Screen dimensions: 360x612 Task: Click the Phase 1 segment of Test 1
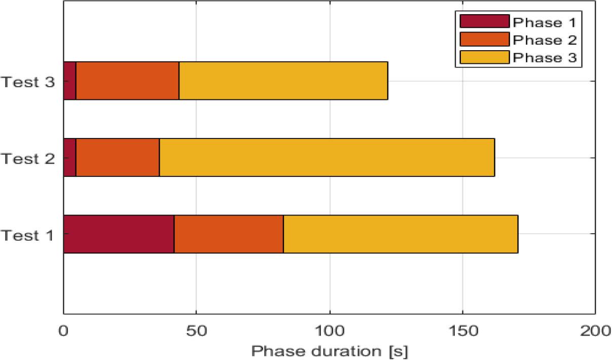(119, 234)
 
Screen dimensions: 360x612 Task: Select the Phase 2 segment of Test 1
(229, 234)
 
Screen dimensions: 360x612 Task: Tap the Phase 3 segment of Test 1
(401, 234)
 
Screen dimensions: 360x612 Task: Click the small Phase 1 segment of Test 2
(69, 157)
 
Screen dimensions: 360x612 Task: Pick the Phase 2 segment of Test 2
(118, 157)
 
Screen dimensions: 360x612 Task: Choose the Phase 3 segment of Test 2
(327, 157)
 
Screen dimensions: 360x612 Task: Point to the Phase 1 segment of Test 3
(69, 81)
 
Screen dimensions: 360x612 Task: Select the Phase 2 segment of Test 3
(127, 81)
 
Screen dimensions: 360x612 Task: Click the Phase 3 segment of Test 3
(283, 81)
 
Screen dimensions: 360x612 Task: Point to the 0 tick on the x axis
(63, 331)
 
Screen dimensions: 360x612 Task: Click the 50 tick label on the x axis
(196, 331)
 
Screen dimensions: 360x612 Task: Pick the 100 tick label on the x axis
(330, 331)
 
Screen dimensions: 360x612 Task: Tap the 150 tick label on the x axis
(462, 331)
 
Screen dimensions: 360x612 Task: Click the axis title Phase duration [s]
(330, 351)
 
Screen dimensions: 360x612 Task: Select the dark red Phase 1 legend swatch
(484, 21)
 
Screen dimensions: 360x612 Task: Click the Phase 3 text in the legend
(545, 57)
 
